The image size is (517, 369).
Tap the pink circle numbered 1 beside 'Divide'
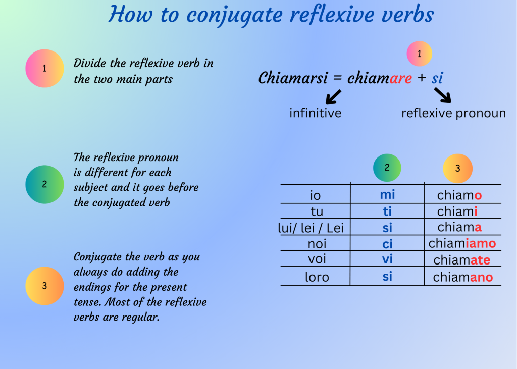[x=44, y=68]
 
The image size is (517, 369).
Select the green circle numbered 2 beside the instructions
[x=44, y=184]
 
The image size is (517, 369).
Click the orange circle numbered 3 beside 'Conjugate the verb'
[x=44, y=286]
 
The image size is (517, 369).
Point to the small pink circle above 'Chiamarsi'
[x=420, y=54]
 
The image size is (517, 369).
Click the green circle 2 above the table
[x=387, y=168]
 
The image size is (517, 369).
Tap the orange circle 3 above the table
[x=457, y=169]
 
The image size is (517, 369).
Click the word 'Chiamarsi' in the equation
[x=293, y=78]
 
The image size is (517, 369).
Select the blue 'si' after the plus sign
[x=437, y=78]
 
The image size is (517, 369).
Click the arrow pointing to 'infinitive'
[x=333, y=97]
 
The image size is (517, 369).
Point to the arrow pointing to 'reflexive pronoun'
[x=443, y=95]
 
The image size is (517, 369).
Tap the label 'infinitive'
[x=316, y=113]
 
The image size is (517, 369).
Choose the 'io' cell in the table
[x=316, y=195]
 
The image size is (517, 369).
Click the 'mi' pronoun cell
[x=387, y=194]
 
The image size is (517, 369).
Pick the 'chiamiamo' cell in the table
[x=462, y=243]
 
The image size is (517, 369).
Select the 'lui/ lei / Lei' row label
[x=311, y=228]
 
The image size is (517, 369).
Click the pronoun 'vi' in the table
[x=387, y=259]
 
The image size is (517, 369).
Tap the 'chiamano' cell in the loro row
[x=463, y=277]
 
